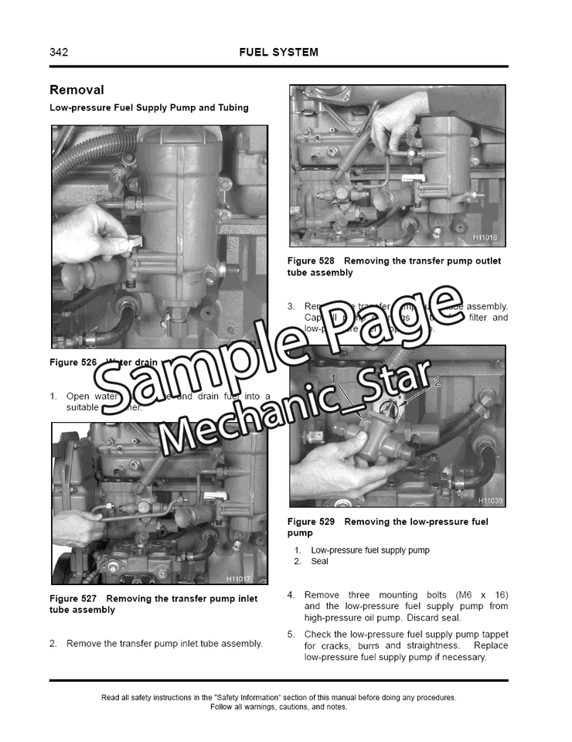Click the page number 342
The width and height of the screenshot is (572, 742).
pyautogui.click(x=59, y=53)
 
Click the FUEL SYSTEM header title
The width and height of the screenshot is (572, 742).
pyautogui.click(x=278, y=53)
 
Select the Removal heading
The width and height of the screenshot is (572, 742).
pyautogui.click(x=77, y=90)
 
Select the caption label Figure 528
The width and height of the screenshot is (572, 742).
pyautogui.click(x=311, y=261)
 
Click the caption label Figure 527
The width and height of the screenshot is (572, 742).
pyautogui.click(x=73, y=599)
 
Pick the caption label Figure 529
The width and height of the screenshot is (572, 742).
pyautogui.click(x=311, y=522)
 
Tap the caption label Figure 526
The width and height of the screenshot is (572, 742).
pyautogui.click(x=73, y=362)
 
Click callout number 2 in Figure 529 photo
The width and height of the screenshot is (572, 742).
pyautogui.click(x=437, y=382)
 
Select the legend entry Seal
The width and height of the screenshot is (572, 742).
pyautogui.click(x=319, y=562)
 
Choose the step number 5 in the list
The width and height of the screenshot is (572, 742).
pyautogui.click(x=291, y=635)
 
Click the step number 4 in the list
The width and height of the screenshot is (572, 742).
pyautogui.click(x=291, y=595)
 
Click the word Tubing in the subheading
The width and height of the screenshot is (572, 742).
pyautogui.click(x=232, y=107)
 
